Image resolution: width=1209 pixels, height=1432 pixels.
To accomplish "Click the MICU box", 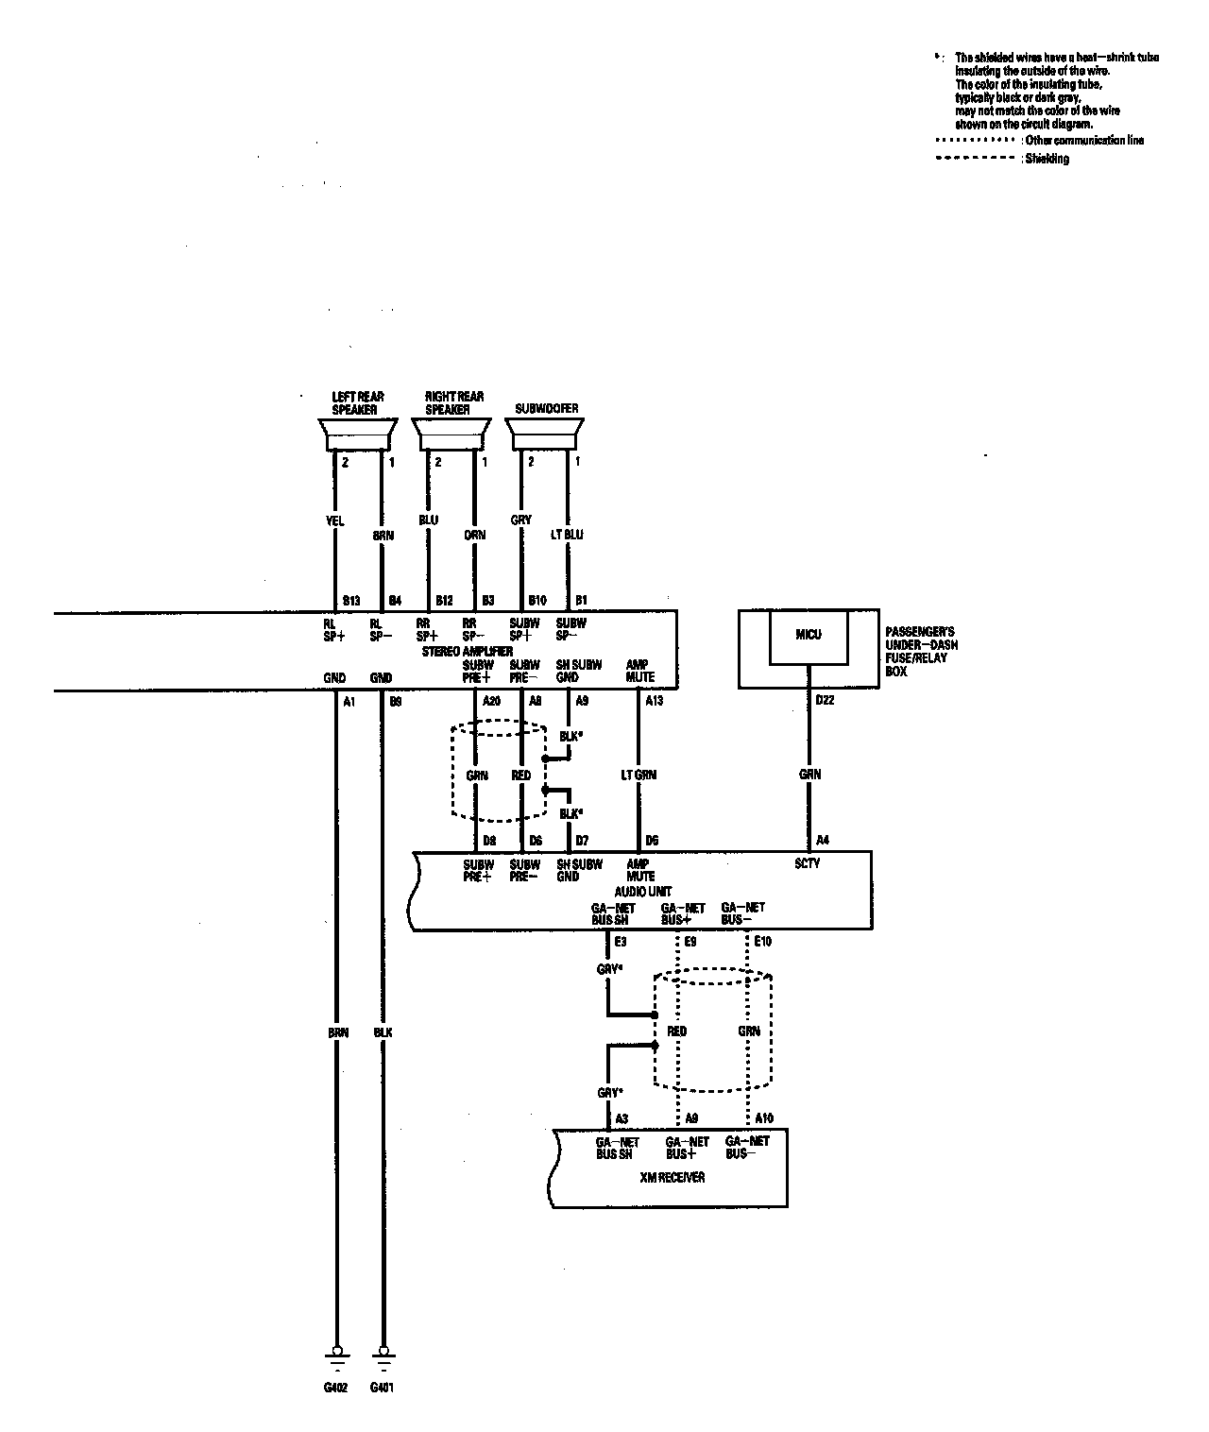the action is [x=809, y=634].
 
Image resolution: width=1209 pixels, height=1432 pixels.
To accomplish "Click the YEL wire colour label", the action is [x=335, y=520].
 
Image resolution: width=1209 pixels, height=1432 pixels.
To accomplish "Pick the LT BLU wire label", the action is [x=567, y=535].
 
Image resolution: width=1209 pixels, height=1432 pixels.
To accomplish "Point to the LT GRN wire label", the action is [x=639, y=775].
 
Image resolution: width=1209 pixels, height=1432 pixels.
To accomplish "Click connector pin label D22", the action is [x=825, y=701].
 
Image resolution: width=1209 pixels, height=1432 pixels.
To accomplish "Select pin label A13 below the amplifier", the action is [x=654, y=701].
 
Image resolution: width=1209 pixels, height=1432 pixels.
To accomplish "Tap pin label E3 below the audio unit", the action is [x=621, y=942].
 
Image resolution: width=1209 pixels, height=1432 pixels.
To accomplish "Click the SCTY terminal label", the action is [x=808, y=863].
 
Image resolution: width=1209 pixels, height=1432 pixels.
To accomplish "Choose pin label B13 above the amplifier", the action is [x=350, y=600].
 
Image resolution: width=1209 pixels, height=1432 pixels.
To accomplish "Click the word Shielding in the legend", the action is [x=1047, y=159].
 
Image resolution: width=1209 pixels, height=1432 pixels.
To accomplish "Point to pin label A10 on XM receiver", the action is [x=764, y=1118].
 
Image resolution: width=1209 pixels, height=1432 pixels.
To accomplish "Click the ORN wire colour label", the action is [x=475, y=535].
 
